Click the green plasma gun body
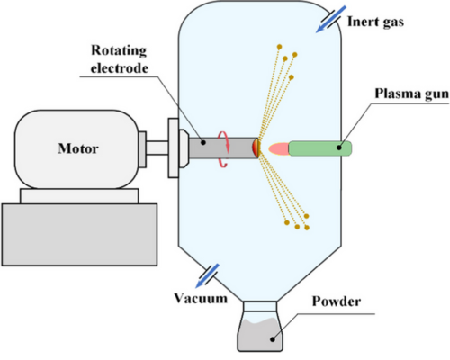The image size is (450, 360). pyautogui.click(x=320, y=147)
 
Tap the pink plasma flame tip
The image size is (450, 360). pyautogui.click(x=274, y=147)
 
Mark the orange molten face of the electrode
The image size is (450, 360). pyautogui.click(x=257, y=148)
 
